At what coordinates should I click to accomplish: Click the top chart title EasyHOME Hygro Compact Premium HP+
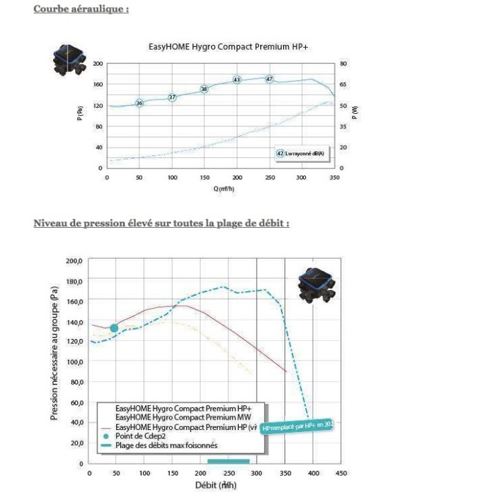point(219,47)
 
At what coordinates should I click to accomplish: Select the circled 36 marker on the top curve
point(139,103)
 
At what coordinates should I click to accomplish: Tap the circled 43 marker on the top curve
point(237,80)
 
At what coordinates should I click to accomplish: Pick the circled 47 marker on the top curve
point(269,79)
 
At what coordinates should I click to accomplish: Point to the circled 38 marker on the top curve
point(204,89)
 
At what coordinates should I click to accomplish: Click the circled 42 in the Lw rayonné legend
point(280,153)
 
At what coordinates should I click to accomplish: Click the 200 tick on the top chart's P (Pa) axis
point(98,64)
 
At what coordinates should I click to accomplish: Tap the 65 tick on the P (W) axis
point(344,84)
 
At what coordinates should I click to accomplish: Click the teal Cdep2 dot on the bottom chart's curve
point(114,328)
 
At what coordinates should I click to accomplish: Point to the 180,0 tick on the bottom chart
point(74,282)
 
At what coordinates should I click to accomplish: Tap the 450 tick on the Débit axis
point(341,473)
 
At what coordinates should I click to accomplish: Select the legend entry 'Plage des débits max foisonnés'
point(166,445)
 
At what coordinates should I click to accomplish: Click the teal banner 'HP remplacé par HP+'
point(298,427)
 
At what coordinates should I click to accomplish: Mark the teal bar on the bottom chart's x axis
point(228,460)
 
